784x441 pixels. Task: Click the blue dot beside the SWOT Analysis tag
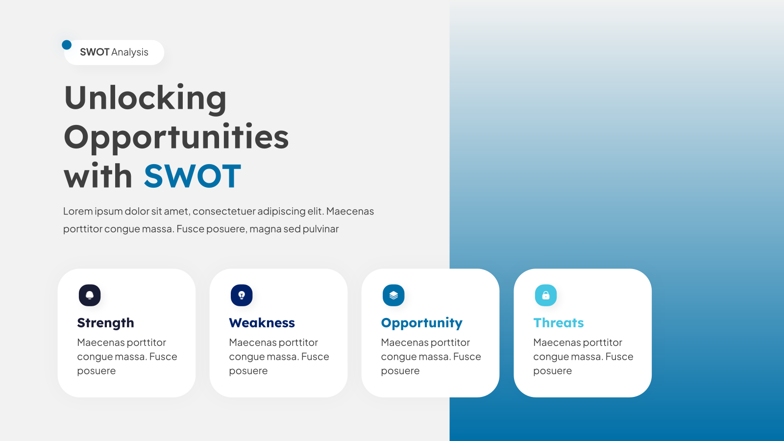click(x=67, y=45)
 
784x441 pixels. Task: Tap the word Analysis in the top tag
click(x=130, y=52)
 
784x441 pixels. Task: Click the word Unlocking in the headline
click(x=145, y=98)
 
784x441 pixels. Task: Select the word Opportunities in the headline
click(x=176, y=137)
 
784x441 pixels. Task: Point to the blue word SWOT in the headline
click(x=193, y=176)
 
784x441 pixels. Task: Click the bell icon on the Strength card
click(x=90, y=295)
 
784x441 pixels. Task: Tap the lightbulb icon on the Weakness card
click(x=242, y=295)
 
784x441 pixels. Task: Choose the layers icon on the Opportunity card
click(x=393, y=295)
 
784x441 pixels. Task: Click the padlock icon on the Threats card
click(x=546, y=295)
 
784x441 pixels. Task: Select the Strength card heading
click(x=105, y=323)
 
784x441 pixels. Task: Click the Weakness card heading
click(x=262, y=323)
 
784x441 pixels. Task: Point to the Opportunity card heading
click(x=421, y=323)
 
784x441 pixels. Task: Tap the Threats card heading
click(x=558, y=323)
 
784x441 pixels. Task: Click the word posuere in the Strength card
click(x=96, y=371)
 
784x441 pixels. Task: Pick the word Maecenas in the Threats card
click(x=556, y=343)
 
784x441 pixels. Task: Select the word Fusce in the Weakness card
click(x=315, y=357)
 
